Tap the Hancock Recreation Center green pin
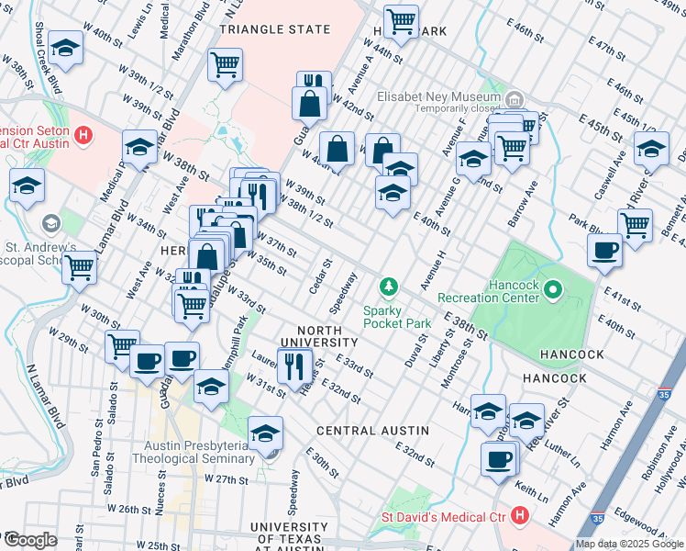553,292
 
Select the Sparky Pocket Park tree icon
390,288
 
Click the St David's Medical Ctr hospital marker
520,516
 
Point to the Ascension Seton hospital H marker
84,137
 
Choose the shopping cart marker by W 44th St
401,21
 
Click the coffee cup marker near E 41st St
605,250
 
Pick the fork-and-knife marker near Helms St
294,367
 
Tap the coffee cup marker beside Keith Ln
499,459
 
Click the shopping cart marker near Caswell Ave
635,224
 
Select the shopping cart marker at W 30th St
122,347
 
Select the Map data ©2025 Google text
629,544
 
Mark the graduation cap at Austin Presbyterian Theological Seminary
265,433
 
